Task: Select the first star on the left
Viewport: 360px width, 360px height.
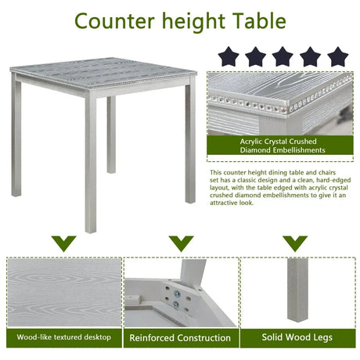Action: pos(229,56)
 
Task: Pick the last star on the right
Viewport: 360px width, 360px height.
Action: pos(337,56)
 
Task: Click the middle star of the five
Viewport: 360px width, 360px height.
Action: pos(283,56)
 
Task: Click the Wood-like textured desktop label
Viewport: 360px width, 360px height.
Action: pos(64,337)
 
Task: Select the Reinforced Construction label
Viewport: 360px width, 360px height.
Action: pos(180,338)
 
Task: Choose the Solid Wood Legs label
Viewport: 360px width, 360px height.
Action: pos(297,337)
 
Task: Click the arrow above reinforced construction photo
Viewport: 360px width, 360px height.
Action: pos(180,243)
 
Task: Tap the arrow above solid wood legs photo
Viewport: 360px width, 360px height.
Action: pos(295,243)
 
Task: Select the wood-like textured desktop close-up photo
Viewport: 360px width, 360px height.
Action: pos(64,291)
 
